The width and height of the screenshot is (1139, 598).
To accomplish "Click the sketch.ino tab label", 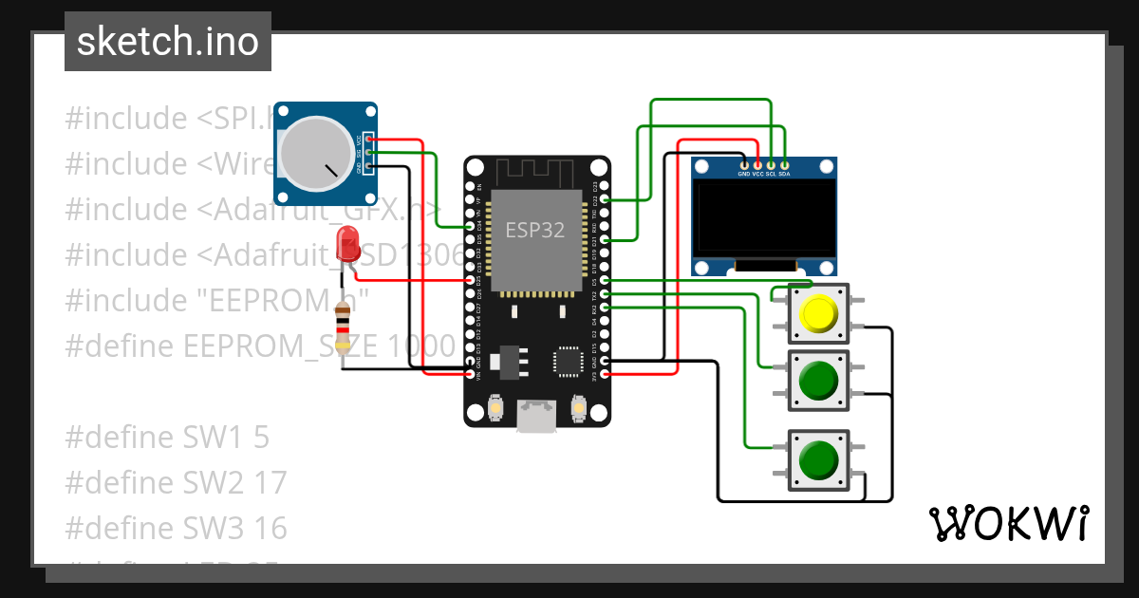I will (x=167, y=42).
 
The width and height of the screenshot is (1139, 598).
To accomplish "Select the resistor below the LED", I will (x=344, y=327).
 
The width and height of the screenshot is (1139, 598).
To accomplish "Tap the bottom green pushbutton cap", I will (x=817, y=460).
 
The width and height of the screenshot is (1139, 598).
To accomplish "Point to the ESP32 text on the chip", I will (x=535, y=230).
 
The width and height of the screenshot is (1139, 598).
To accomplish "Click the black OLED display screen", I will (x=764, y=219).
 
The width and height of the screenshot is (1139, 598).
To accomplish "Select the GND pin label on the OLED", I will (x=744, y=174).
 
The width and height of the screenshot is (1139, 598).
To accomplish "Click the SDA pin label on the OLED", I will (x=784, y=174).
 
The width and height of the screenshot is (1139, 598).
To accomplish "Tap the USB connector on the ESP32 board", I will (x=536, y=415).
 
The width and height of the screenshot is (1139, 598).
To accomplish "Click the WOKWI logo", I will (x=1008, y=523).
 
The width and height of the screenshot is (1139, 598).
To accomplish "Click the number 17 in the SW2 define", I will (x=271, y=482).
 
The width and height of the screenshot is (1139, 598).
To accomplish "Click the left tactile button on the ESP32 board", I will (x=495, y=408).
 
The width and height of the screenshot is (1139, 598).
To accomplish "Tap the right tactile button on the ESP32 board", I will (x=578, y=408).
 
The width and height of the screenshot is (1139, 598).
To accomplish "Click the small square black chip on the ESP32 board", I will (x=568, y=361).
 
